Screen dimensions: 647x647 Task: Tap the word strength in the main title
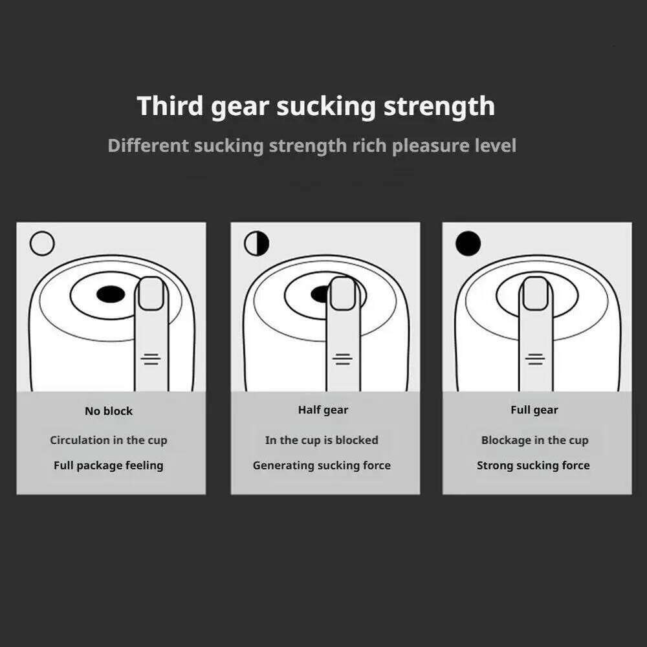point(439,107)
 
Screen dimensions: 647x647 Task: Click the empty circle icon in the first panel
point(42,243)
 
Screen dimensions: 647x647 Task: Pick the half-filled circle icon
point(257,243)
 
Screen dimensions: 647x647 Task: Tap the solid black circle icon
point(468,243)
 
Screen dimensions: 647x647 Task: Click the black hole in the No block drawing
point(111,294)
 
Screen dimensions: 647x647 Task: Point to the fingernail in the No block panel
point(151,293)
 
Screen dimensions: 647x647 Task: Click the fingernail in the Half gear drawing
point(343,293)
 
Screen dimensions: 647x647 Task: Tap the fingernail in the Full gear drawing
point(535,293)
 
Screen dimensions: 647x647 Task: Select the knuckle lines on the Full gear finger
point(535,359)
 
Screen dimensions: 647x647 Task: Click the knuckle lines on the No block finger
point(151,359)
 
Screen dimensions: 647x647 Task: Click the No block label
point(109,411)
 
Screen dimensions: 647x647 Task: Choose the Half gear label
point(323,410)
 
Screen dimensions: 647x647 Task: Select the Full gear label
point(534,410)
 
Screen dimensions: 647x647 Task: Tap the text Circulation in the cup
point(109,440)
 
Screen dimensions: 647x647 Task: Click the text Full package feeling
point(109,465)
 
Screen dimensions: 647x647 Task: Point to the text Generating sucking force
point(322,465)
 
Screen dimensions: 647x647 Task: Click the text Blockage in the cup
point(535,440)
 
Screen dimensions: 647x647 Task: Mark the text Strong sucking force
point(534,465)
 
